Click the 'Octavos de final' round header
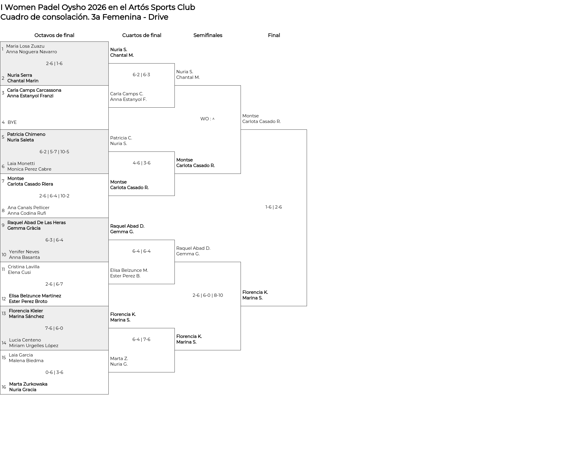pyautogui.click(x=54, y=35)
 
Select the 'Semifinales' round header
pyautogui.click(x=208, y=35)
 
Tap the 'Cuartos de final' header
pyautogui.click(x=142, y=35)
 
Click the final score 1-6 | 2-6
pyautogui.click(x=273, y=207)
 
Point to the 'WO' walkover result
pyautogui.click(x=204, y=119)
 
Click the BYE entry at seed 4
pyautogui.click(x=12, y=122)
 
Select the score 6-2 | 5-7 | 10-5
pyautogui.click(x=54, y=152)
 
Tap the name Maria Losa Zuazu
pyautogui.click(x=25, y=46)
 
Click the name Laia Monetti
pyautogui.click(x=21, y=164)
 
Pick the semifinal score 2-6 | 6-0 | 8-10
pyautogui.click(x=208, y=295)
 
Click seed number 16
pyautogui.click(x=4, y=387)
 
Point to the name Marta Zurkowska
pyautogui.click(x=28, y=384)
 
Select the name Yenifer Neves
pyautogui.click(x=24, y=252)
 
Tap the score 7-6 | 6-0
pyautogui.click(x=54, y=328)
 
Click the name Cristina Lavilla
pyautogui.click(x=23, y=267)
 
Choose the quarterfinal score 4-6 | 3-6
pyautogui.click(x=142, y=163)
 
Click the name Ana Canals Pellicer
pyautogui.click(x=28, y=208)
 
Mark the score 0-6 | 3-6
pyautogui.click(x=54, y=372)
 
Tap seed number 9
pyautogui.click(x=3, y=225)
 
